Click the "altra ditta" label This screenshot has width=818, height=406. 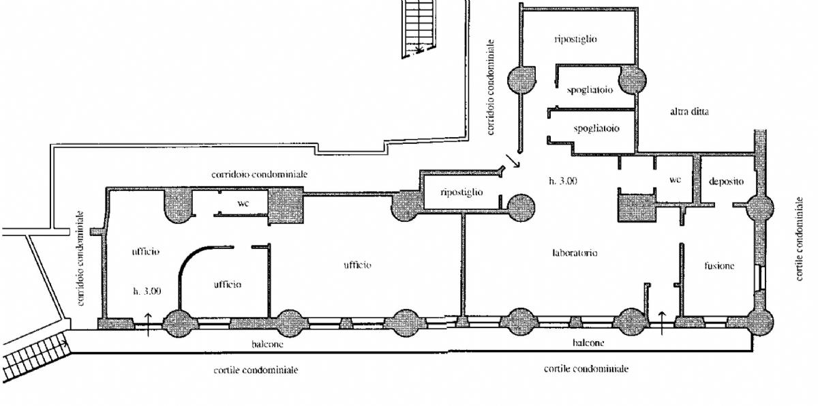pos(689,111)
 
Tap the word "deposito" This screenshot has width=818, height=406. pos(726,182)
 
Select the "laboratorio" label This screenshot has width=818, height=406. pos(575,252)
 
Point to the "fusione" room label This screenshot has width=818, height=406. pos(719,265)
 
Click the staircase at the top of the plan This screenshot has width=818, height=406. pos(419,29)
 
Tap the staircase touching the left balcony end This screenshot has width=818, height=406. pos(35,356)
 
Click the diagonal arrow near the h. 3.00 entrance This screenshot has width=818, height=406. pos(513,161)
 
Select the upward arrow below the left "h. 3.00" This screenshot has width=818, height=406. pos(148,325)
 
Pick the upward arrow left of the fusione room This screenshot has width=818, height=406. pos(662,323)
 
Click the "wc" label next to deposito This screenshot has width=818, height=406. pos(676,179)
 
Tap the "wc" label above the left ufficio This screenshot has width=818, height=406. pos(243,203)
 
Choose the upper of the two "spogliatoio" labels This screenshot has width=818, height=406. pos(590,90)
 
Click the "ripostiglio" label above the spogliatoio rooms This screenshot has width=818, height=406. pos(575,39)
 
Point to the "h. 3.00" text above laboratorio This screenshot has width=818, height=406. pos(563,181)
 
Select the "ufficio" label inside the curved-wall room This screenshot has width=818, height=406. pos(228,285)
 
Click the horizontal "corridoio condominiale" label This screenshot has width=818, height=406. pos(259,174)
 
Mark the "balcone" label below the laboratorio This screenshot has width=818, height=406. pos(588,343)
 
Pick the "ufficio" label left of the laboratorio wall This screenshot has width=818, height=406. pos(357,265)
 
